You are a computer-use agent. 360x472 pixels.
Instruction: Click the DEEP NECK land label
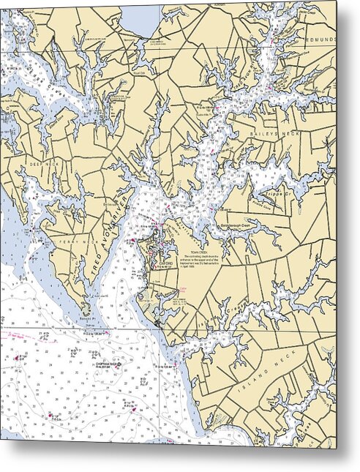pyautogui.click(x=25, y=165)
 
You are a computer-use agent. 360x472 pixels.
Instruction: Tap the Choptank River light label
pyautogui.click(x=107, y=362)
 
